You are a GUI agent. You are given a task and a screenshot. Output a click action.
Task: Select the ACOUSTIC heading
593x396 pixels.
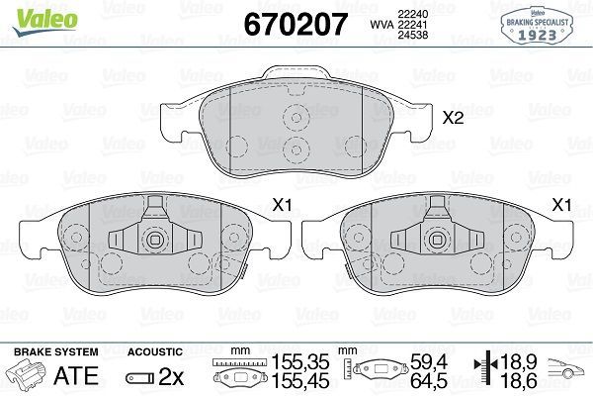[x=155, y=351]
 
